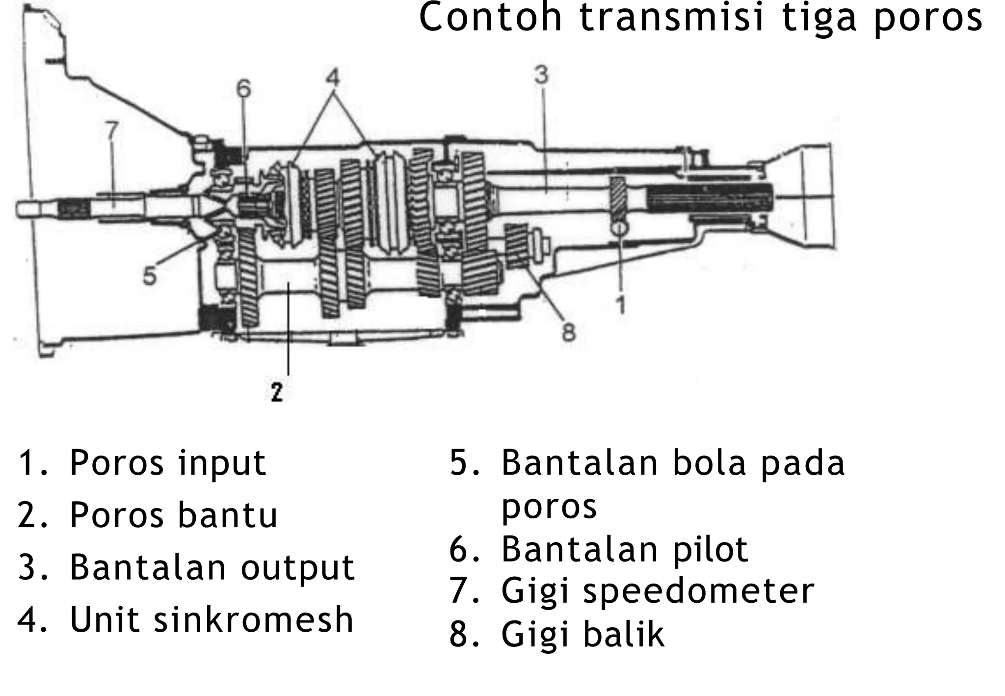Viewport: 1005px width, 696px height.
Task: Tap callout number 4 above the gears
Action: [x=333, y=78]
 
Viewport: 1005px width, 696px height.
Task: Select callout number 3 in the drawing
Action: [x=541, y=75]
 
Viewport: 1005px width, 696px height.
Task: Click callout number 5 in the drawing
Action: [x=150, y=275]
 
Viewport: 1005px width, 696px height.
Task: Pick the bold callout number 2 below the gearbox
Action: [x=277, y=392]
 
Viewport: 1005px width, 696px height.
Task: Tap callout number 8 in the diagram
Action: [x=568, y=332]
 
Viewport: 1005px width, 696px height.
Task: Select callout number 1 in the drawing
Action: [x=621, y=305]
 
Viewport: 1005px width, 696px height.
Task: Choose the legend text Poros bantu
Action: [x=173, y=516]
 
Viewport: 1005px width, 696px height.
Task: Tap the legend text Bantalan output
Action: [x=212, y=568]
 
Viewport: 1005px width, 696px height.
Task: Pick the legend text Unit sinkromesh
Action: [x=212, y=620]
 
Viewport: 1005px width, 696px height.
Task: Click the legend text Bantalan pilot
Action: [x=624, y=549]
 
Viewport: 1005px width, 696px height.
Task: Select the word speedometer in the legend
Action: [x=698, y=591]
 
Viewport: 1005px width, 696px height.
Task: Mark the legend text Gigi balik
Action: [x=582, y=634]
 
